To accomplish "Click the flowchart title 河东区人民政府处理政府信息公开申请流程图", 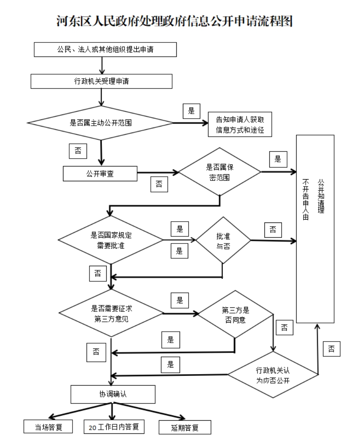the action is pyautogui.click(x=175, y=21).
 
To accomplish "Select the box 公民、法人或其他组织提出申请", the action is pyautogui.click(x=105, y=49).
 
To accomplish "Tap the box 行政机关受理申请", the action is pyautogui.click(x=101, y=81).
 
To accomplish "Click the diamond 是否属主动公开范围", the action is pyautogui.click(x=101, y=123).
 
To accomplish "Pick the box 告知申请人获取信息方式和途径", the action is pyautogui.click(x=240, y=124).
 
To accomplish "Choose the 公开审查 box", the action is pyautogui.click(x=100, y=173).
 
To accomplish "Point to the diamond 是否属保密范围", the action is pyautogui.click(x=220, y=172).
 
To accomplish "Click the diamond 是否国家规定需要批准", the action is pyautogui.click(x=110, y=240).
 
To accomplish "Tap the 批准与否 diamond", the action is pyautogui.click(x=223, y=240).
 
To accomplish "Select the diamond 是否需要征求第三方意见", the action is pyautogui.click(x=111, y=313).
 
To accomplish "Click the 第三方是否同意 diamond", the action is pyautogui.click(x=236, y=314).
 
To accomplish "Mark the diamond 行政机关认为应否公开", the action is pyautogui.click(x=273, y=374).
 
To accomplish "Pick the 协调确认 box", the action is pyautogui.click(x=113, y=394).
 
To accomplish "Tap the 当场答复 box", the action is pyautogui.click(x=48, y=427).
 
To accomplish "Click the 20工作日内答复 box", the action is pyautogui.click(x=114, y=426).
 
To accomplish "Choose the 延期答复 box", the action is pyautogui.click(x=185, y=427).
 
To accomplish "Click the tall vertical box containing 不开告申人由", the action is pyautogui.click(x=315, y=229).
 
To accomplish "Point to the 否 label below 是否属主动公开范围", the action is pyautogui.click(x=78, y=151).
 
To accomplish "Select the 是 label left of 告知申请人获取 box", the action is pyautogui.click(x=191, y=111).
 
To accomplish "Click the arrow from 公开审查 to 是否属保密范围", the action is pyautogui.click(x=158, y=173).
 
